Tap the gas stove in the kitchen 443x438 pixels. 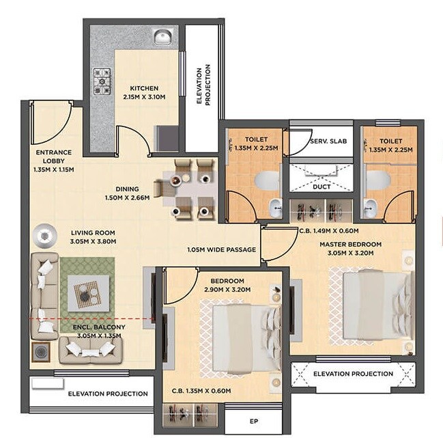click(102, 80)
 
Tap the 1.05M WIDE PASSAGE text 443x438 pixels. click(221, 249)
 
